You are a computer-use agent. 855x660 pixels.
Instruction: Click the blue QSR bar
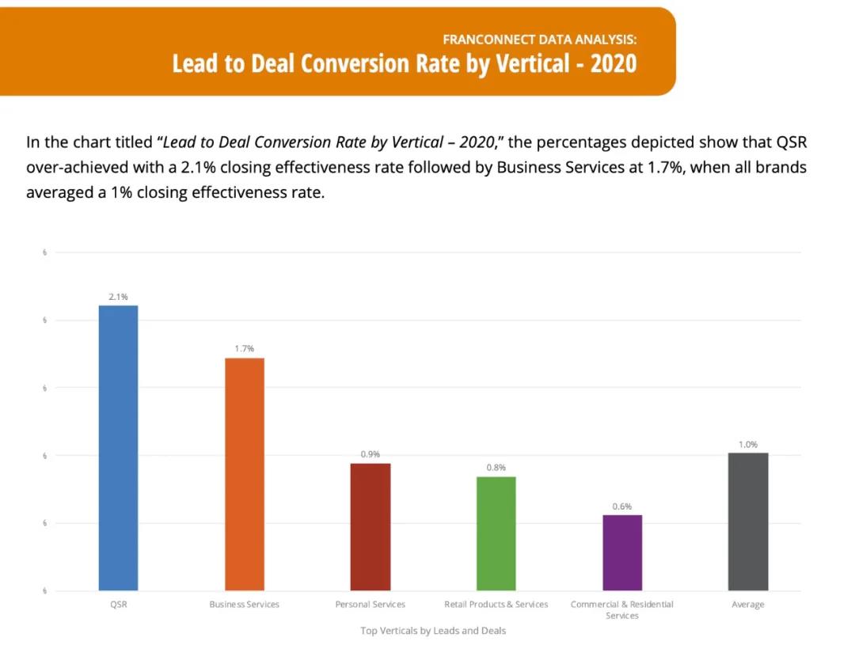(118, 447)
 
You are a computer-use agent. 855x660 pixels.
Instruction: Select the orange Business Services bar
(245, 473)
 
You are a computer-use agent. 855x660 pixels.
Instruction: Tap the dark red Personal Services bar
(370, 526)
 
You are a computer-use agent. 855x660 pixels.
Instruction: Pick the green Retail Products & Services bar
(496, 533)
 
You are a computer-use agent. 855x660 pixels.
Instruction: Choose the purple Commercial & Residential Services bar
(622, 552)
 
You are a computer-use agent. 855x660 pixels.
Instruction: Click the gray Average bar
(748, 521)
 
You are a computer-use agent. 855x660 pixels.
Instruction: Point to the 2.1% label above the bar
(118, 297)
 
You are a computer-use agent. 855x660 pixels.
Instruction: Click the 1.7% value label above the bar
(244, 349)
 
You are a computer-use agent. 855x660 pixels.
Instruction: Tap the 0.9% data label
(370, 454)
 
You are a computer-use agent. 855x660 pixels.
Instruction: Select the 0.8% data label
(496, 468)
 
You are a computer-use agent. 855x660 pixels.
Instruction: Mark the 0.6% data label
(622, 506)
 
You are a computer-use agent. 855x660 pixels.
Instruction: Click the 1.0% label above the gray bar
(748, 445)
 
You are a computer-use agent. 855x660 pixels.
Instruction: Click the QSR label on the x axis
(118, 605)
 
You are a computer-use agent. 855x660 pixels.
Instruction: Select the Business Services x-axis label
(244, 605)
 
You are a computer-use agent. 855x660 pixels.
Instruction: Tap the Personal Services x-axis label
(370, 605)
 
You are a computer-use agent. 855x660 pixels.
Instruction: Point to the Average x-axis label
(748, 605)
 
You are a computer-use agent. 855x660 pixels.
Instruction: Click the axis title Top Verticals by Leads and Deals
(433, 631)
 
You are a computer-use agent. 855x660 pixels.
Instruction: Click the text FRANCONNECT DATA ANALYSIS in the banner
(539, 38)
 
